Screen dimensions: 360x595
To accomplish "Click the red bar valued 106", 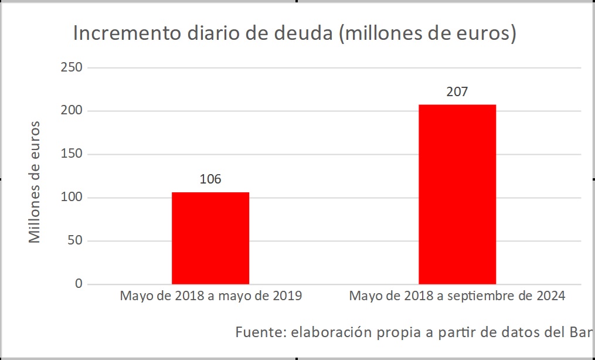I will [x=210, y=238].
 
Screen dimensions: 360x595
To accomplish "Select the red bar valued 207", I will [x=457, y=194].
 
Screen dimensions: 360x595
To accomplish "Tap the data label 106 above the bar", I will [x=210, y=179].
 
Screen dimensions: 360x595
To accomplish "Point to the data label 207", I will [x=457, y=92].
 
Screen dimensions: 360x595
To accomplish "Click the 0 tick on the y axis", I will [x=77, y=284].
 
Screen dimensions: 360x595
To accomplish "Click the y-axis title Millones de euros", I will [x=35, y=182].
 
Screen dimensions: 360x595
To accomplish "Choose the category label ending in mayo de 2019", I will [x=211, y=296].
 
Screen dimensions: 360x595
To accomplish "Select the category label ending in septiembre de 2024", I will [x=457, y=296].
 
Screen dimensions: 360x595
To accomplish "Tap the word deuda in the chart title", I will [x=307, y=34].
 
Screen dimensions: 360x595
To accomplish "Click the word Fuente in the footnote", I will [x=260, y=332].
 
